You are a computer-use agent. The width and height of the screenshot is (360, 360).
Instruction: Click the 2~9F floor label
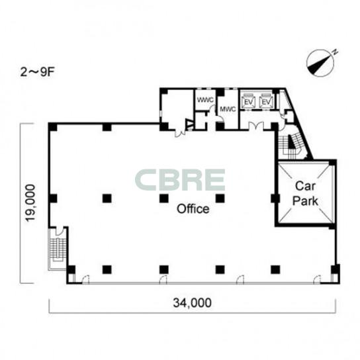click(37, 73)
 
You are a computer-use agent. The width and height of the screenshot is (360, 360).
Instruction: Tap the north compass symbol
click(321, 63)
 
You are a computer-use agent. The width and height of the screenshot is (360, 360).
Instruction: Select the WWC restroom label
click(206, 100)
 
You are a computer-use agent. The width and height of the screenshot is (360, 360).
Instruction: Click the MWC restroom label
click(228, 109)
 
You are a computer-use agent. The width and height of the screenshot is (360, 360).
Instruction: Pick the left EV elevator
click(248, 101)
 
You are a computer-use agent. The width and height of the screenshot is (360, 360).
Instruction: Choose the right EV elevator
click(266, 101)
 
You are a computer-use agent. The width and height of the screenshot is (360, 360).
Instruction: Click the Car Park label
click(305, 193)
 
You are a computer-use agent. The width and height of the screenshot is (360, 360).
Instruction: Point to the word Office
click(193, 208)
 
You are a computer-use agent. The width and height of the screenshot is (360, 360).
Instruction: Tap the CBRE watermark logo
click(180, 179)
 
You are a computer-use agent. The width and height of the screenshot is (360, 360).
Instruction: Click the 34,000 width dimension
click(192, 302)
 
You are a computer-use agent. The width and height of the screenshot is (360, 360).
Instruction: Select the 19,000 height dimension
click(30, 203)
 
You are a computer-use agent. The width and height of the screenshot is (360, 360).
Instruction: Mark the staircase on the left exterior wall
click(58, 249)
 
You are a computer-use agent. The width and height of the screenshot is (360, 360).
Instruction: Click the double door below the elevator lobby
click(256, 126)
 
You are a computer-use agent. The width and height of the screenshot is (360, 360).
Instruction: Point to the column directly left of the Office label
click(164, 199)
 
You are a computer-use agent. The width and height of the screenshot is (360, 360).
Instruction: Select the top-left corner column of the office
click(52, 127)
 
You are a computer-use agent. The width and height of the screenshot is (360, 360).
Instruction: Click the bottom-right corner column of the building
click(336, 269)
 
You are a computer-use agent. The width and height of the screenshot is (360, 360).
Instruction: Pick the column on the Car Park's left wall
click(275, 199)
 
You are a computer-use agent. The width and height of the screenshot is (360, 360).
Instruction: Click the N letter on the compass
click(336, 52)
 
